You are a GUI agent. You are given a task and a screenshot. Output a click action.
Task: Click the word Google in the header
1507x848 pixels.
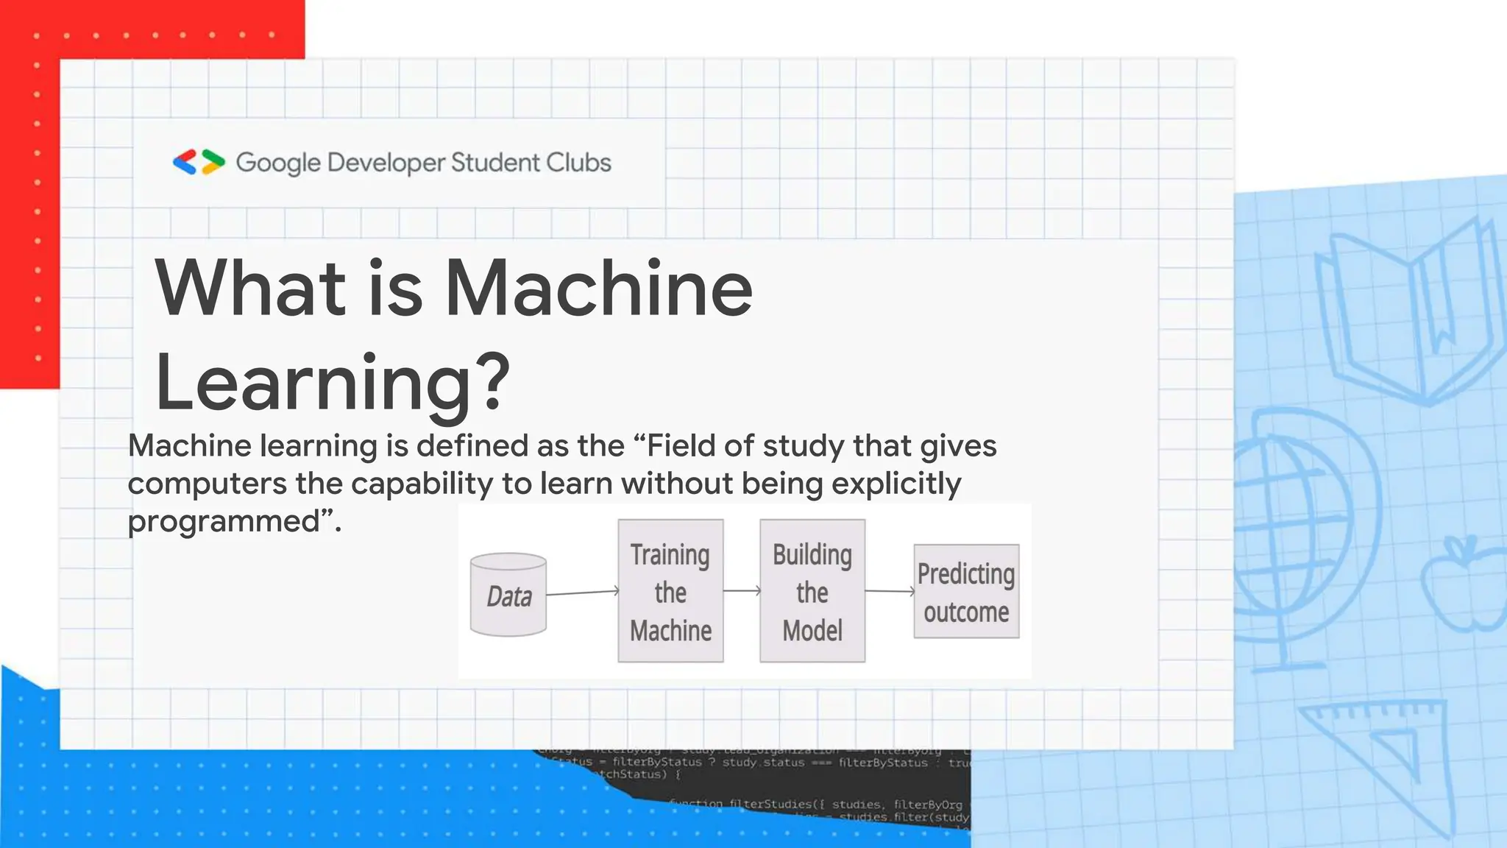pyautogui.click(x=278, y=163)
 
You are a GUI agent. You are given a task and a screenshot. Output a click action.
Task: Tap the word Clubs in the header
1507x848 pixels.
pyautogui.click(x=579, y=162)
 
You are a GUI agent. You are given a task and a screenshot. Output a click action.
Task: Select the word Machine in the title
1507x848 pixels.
pyautogui.click(x=599, y=288)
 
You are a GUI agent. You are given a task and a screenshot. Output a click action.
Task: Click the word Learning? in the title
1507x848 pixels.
pyautogui.click(x=333, y=382)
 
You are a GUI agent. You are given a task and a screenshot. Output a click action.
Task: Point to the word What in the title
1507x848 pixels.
pyautogui.click(x=250, y=288)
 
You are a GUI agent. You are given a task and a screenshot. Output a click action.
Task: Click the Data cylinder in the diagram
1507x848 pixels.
pyautogui.click(x=508, y=595)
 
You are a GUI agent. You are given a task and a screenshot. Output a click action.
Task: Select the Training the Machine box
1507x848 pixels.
pyautogui.click(x=670, y=591)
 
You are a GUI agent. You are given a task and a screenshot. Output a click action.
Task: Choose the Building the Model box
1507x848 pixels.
pyautogui.click(x=812, y=591)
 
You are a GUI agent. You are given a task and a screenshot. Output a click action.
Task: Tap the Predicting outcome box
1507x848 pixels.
pyautogui.click(x=966, y=591)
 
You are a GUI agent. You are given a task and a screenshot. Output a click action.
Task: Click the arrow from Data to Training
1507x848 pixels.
pyautogui.click(x=582, y=592)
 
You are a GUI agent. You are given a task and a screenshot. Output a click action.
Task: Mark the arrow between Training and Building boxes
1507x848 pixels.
pyautogui.click(x=742, y=590)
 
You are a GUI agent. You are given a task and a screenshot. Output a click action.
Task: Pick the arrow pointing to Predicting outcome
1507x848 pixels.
pyautogui.click(x=890, y=590)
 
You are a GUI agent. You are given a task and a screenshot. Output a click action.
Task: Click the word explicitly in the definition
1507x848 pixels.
pyautogui.click(x=896, y=484)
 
